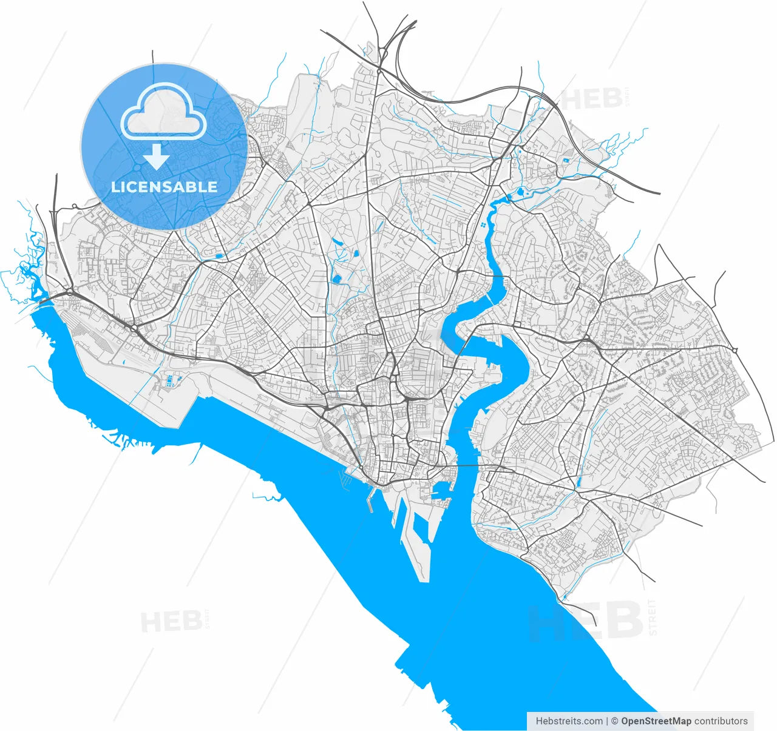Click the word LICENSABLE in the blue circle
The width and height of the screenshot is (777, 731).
point(164,187)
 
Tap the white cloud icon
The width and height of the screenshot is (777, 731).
point(164,113)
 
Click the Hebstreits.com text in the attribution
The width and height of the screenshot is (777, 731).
point(569,721)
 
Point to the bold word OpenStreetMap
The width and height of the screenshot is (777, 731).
point(656,721)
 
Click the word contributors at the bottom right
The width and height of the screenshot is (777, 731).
point(721,721)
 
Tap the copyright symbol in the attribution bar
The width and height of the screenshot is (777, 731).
point(614,721)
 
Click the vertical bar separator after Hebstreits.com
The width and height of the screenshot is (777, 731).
point(606,721)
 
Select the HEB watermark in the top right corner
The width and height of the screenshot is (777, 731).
point(592,99)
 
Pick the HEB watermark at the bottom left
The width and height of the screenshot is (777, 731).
point(171,622)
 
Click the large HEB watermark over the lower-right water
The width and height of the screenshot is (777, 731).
point(586,620)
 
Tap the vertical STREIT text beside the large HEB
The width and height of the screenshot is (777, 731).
point(653,616)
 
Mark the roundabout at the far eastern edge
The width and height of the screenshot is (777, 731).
point(735,350)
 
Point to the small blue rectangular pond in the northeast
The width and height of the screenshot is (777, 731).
point(566,160)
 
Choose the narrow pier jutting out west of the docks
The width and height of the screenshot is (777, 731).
point(370,500)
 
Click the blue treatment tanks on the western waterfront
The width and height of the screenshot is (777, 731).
point(171,381)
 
